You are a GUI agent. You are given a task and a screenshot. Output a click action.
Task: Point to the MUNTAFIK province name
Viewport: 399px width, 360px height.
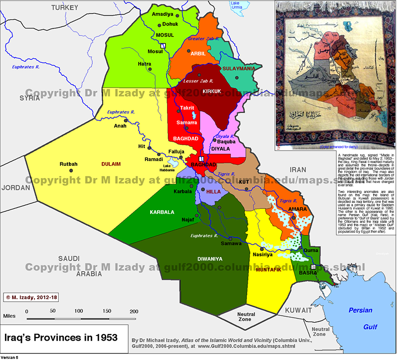pyautogui.click(x=269, y=270)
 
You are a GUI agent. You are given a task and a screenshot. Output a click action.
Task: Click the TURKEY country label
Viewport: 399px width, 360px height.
pyautogui.click(x=65, y=8)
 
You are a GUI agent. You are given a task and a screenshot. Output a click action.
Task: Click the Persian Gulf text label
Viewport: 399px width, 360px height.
pyautogui.click(x=361, y=318)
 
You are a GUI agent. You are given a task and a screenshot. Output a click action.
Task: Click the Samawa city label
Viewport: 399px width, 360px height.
pyautogui.click(x=231, y=244)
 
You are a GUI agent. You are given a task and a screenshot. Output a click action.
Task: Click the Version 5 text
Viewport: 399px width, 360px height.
pyautogui.click(x=9, y=357)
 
